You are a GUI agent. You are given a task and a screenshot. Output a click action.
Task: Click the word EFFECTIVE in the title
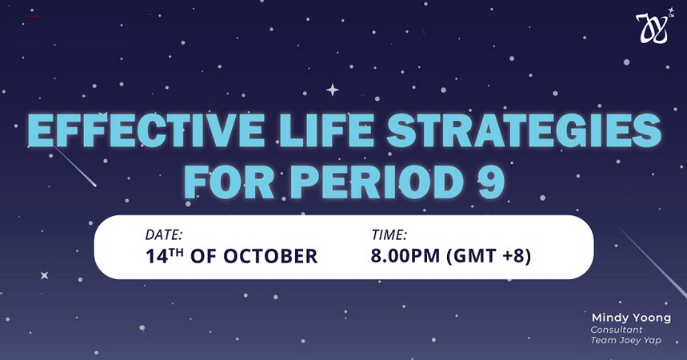point(146,130)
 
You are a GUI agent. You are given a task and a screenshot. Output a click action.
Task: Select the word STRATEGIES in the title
point(524,130)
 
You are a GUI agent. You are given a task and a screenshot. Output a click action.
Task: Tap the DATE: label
point(163,235)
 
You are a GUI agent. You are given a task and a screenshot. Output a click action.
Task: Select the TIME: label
point(389,235)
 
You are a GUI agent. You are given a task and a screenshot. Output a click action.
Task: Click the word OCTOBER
point(270,256)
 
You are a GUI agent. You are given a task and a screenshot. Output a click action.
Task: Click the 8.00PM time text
point(405,256)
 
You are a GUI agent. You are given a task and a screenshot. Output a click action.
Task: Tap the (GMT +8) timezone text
point(489,256)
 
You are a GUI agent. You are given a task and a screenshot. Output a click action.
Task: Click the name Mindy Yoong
point(631,318)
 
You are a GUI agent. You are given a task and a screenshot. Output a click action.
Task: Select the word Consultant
point(617,330)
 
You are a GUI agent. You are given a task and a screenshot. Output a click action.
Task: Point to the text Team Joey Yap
point(625,340)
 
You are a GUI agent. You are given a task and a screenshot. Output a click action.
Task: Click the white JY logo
point(653,28)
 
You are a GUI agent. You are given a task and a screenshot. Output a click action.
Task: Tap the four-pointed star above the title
point(333,90)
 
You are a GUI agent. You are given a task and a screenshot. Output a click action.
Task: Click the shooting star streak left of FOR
point(74,166)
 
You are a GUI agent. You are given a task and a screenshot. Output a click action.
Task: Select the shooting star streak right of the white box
point(653,262)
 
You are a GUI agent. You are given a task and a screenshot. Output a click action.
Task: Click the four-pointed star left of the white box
point(44,275)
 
